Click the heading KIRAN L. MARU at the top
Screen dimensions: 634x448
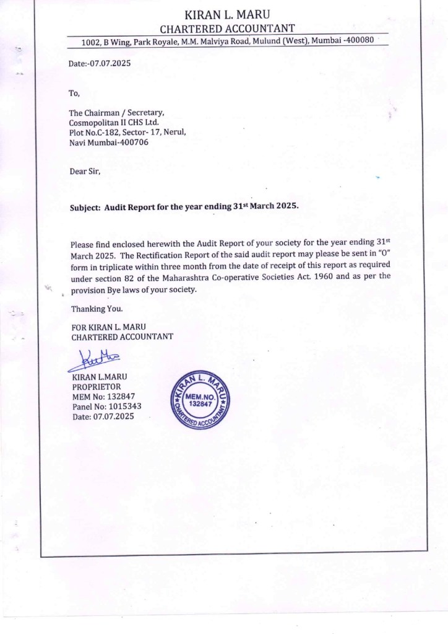pyautogui.click(x=227, y=14)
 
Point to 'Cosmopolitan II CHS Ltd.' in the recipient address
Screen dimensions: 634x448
pyautogui.click(x=114, y=122)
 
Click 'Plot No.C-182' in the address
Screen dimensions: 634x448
pyautogui.click(x=95, y=132)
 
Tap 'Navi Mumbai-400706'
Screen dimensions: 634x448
pyautogui.click(x=109, y=142)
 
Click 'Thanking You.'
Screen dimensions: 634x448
pyautogui.click(x=97, y=309)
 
